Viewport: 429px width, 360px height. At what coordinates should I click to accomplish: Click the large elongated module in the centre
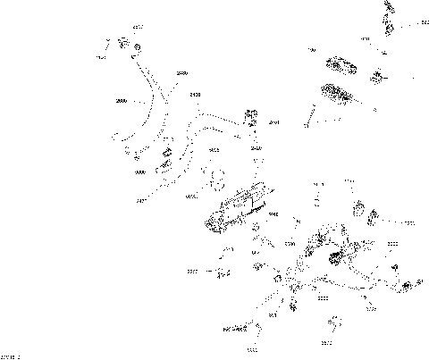239,213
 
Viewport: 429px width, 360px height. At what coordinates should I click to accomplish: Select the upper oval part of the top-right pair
342,65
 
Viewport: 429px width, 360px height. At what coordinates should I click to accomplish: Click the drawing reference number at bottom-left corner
12,356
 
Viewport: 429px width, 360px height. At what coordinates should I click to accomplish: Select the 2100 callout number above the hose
196,94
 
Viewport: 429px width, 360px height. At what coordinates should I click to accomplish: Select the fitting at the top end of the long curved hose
114,43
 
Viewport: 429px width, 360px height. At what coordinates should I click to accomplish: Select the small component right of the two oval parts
378,77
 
